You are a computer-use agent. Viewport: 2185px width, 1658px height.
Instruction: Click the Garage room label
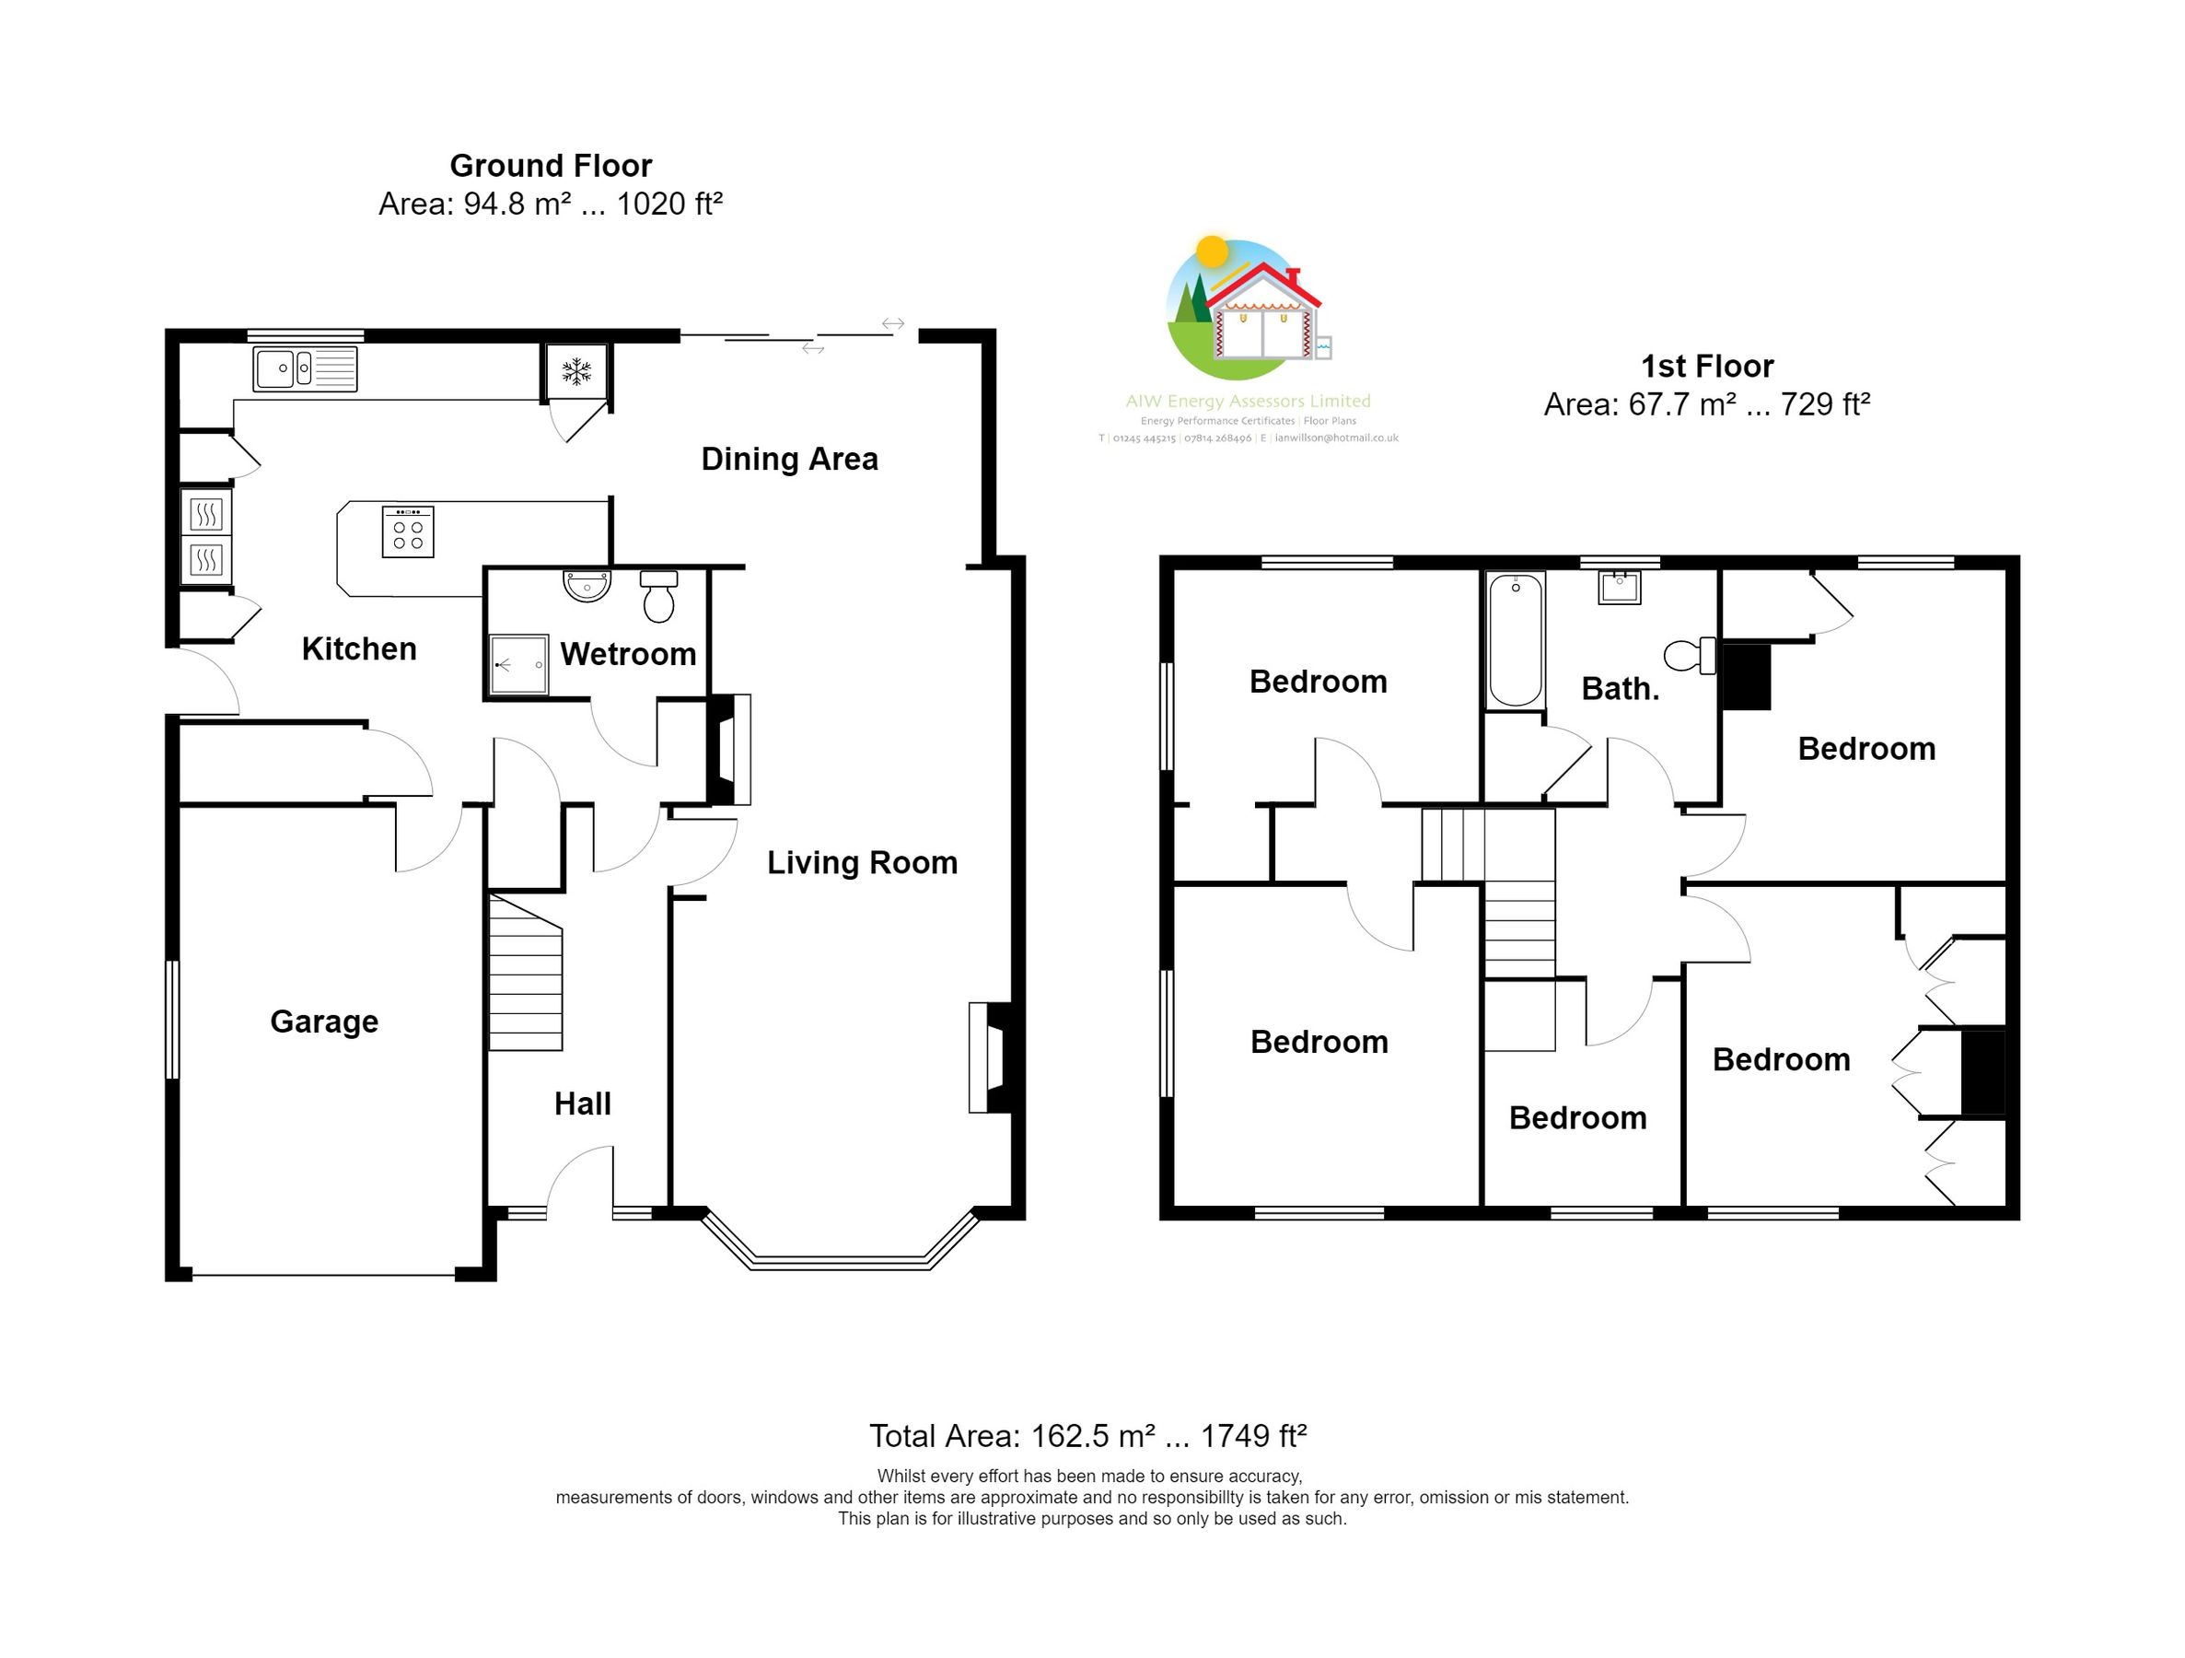324,1022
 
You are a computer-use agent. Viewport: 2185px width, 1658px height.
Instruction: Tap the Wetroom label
628,654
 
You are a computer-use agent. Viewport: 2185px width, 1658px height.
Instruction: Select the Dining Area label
789,460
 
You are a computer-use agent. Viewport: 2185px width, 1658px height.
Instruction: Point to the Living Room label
863,862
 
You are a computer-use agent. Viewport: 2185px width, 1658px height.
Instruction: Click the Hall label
583,1103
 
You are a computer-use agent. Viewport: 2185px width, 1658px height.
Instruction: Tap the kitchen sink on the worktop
305,368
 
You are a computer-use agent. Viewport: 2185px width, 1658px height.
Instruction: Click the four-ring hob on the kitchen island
408,531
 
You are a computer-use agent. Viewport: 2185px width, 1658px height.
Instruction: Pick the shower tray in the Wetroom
519,664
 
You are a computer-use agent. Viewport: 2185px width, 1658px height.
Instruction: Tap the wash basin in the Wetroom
587,585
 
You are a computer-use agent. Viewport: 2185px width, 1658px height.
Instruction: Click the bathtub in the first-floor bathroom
1516,639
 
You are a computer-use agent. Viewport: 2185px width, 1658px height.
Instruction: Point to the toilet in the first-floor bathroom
1691,654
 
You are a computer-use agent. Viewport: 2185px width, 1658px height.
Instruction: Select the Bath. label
1621,689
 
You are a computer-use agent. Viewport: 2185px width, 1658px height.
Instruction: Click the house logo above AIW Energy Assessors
1248,308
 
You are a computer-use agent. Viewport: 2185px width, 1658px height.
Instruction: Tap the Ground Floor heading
552,165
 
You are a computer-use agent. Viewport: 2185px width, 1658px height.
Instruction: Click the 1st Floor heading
1707,367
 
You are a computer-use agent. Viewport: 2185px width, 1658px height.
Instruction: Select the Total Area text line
1088,1435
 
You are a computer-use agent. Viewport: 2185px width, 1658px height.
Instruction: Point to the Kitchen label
358,649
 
